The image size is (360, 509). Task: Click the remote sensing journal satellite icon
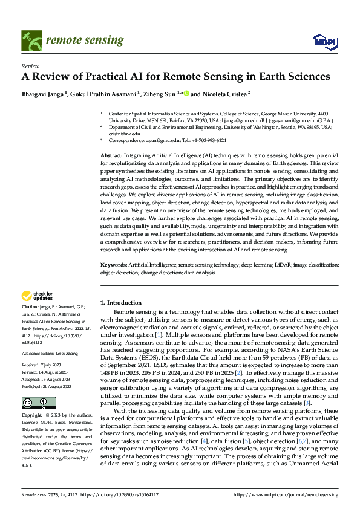[30, 41]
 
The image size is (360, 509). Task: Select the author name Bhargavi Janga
[44, 94]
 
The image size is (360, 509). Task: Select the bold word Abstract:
[112, 156]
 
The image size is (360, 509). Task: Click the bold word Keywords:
[113, 265]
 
